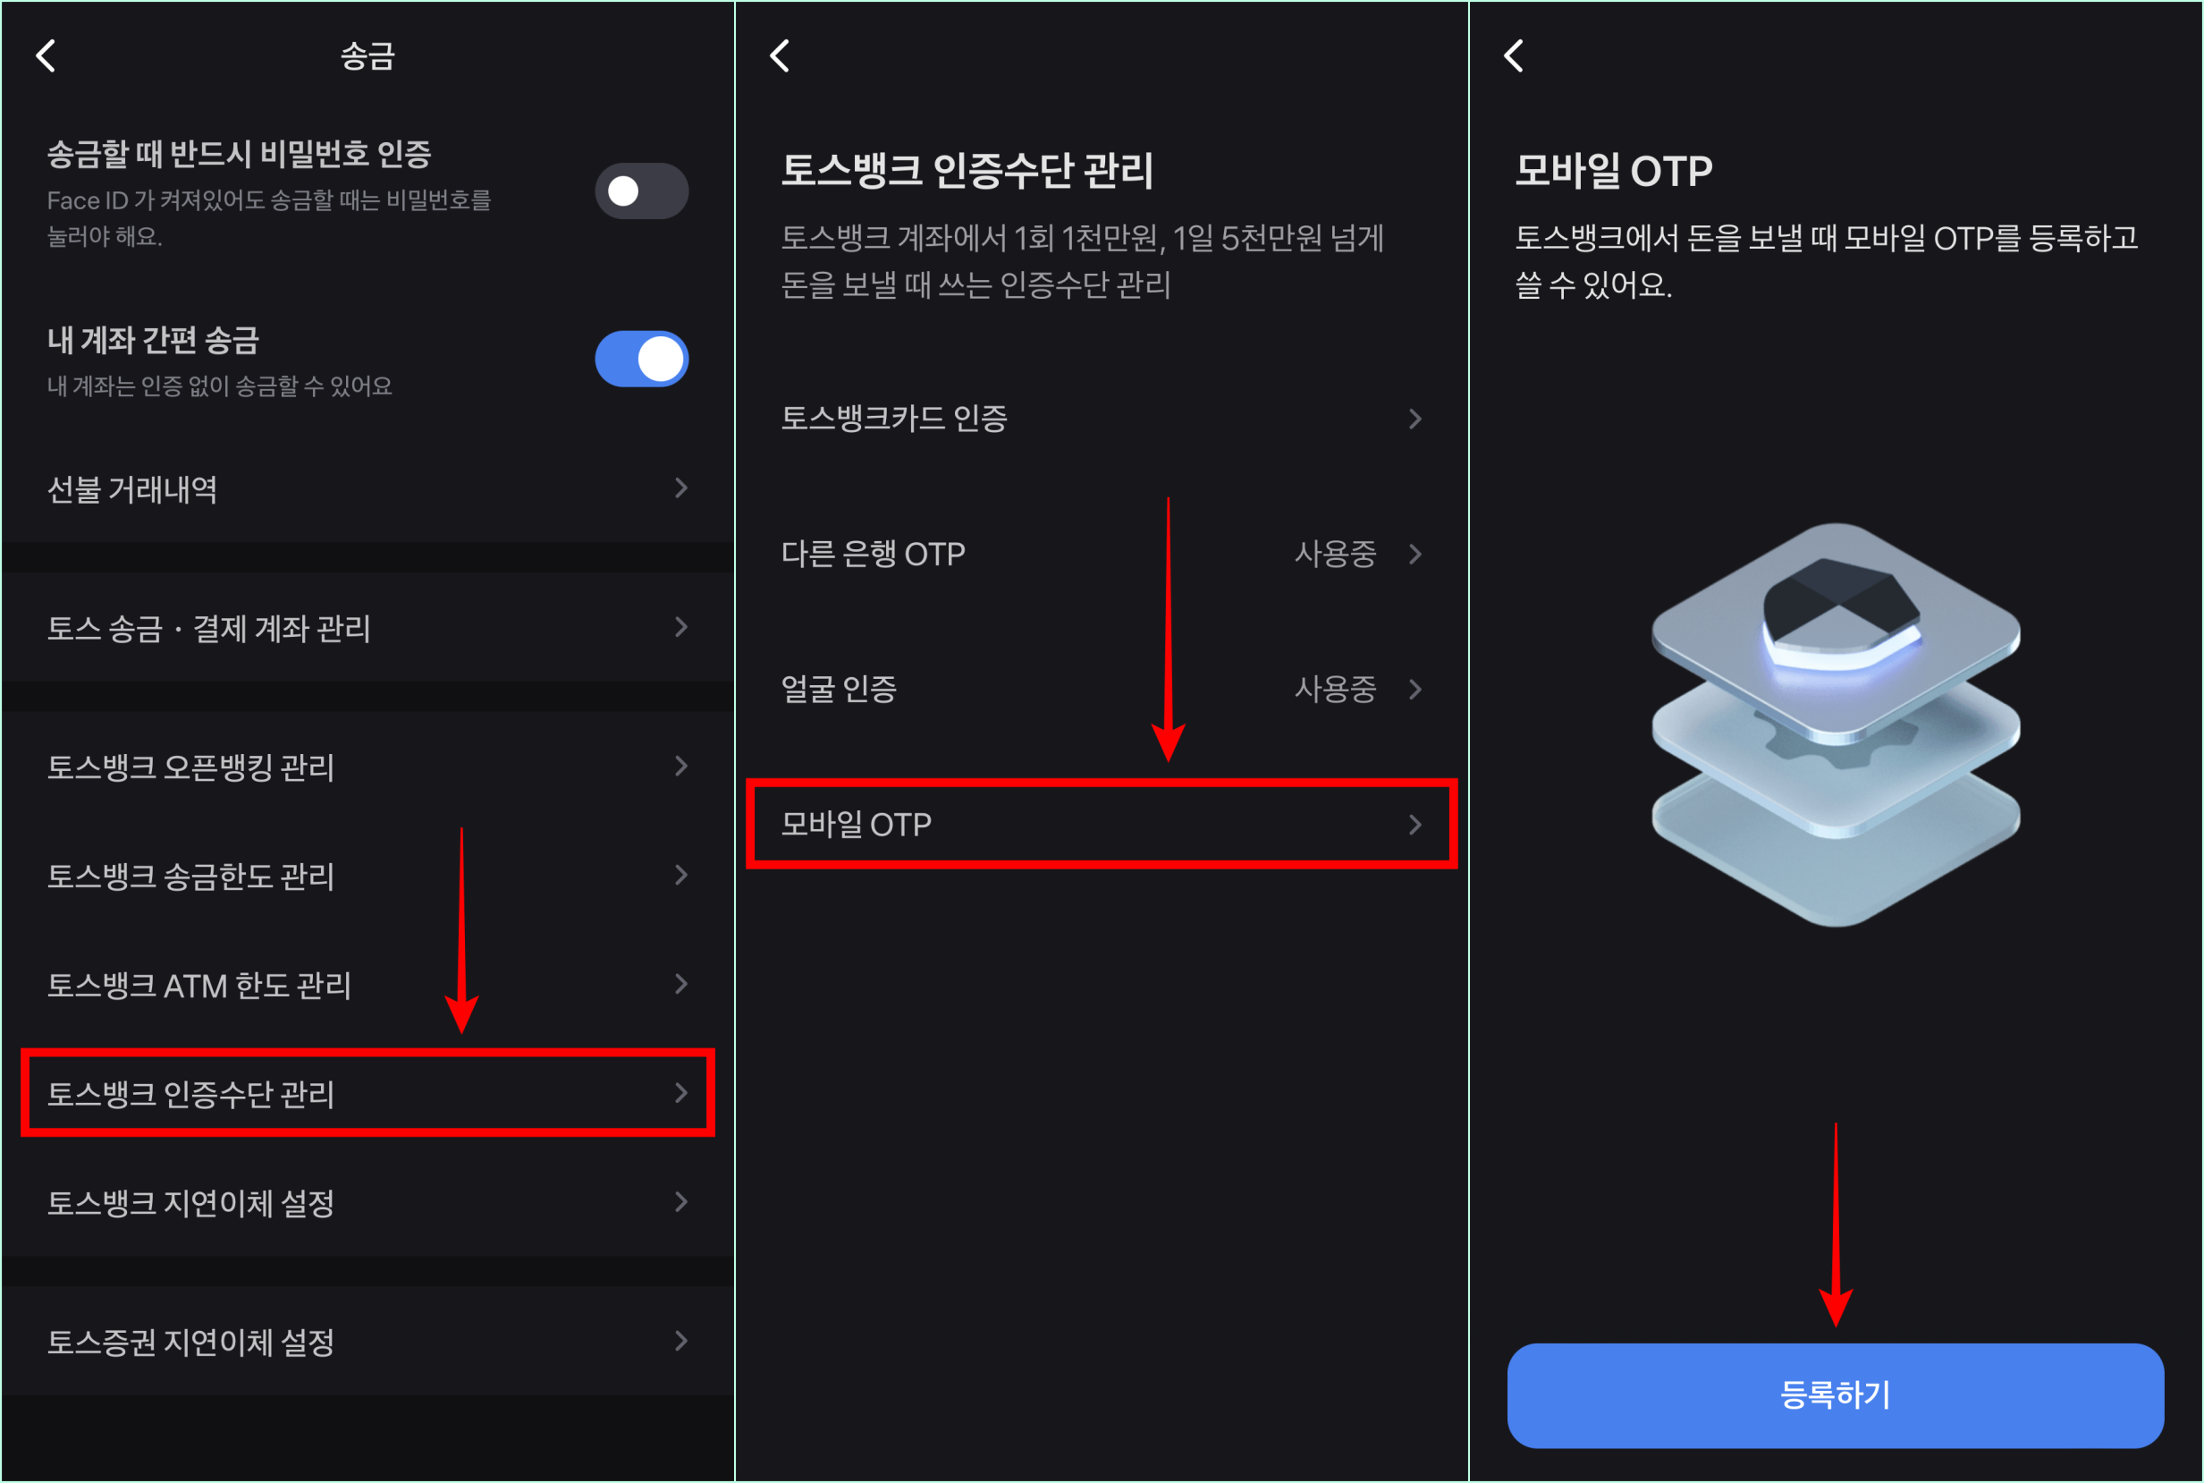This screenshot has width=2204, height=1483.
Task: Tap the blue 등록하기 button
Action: (x=1835, y=1394)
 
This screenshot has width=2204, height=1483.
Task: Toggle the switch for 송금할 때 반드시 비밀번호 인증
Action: (x=641, y=191)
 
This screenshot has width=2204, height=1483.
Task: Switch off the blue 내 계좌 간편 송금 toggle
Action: (x=641, y=359)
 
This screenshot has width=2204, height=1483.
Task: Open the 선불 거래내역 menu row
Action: (x=132, y=489)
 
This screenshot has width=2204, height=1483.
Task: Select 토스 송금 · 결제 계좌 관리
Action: (x=209, y=628)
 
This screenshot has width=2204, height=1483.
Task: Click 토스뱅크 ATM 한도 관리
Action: (x=199, y=986)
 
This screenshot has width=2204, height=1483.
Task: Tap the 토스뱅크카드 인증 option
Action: (x=894, y=418)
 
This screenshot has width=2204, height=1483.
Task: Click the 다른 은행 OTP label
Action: (x=873, y=554)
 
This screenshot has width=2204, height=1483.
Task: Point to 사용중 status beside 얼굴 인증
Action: (x=1334, y=689)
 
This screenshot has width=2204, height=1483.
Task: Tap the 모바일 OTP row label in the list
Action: (x=857, y=825)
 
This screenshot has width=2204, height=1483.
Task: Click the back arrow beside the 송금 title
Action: (x=46, y=55)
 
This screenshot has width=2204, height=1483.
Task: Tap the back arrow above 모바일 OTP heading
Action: (x=1514, y=55)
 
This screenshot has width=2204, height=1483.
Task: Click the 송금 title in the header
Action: (x=367, y=55)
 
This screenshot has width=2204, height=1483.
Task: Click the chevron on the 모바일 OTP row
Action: (x=1414, y=825)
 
